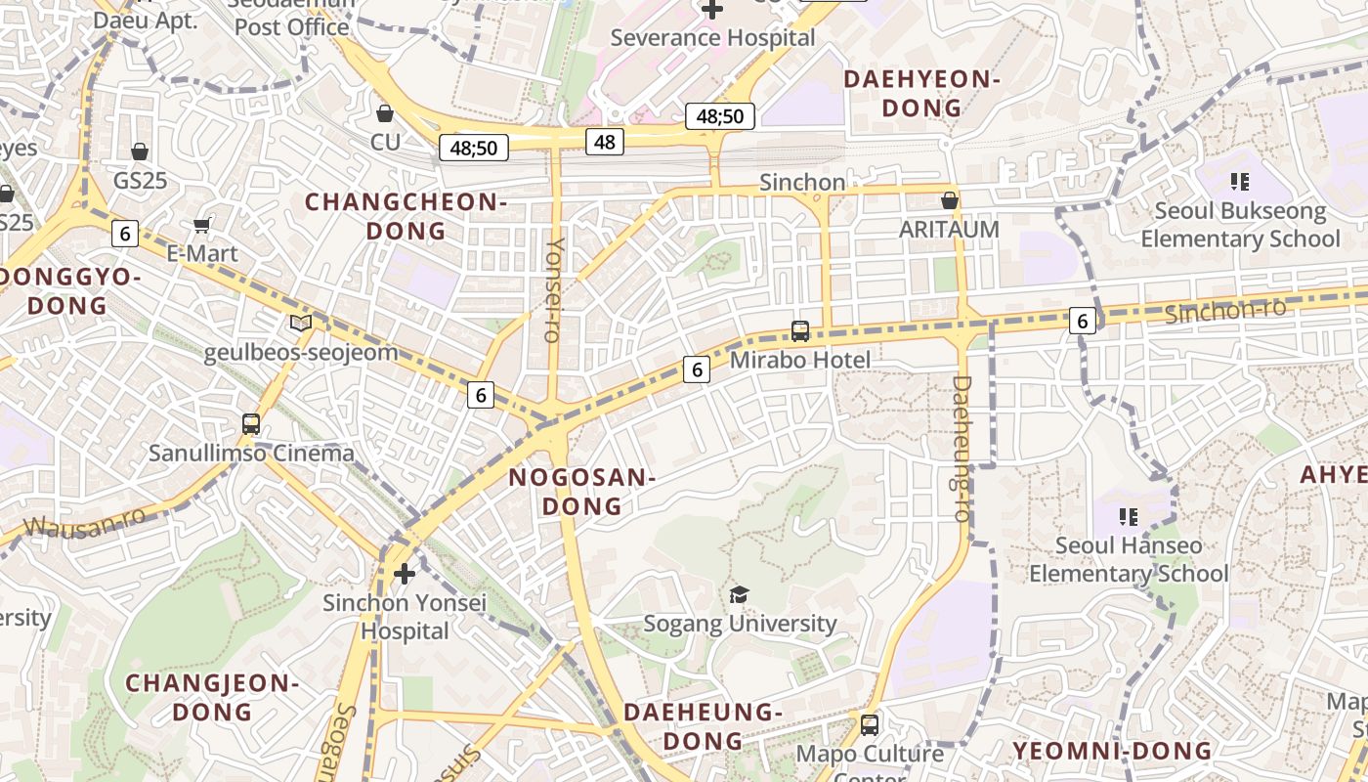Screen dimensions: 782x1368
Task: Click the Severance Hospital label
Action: (x=712, y=38)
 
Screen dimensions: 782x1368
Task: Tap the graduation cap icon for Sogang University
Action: (x=740, y=594)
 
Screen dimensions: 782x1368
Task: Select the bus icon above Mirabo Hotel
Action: (x=800, y=331)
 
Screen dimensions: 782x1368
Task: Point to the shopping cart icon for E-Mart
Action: (x=202, y=226)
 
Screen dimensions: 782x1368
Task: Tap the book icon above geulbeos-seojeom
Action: (x=301, y=323)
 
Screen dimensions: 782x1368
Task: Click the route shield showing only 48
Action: (x=605, y=142)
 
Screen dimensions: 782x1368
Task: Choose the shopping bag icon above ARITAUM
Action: (x=949, y=200)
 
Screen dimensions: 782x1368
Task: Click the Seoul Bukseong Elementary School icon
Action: (x=1240, y=181)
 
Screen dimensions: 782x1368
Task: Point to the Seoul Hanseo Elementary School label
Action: (x=1129, y=559)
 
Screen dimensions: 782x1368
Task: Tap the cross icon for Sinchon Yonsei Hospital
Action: (x=404, y=573)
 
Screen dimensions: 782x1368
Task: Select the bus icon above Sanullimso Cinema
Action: (x=251, y=424)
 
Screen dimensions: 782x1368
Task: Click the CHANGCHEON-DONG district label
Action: (x=406, y=216)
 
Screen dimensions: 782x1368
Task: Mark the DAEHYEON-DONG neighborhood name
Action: (x=922, y=94)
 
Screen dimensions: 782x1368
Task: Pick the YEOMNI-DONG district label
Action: (x=1112, y=751)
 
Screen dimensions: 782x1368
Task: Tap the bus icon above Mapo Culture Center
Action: (x=870, y=725)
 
